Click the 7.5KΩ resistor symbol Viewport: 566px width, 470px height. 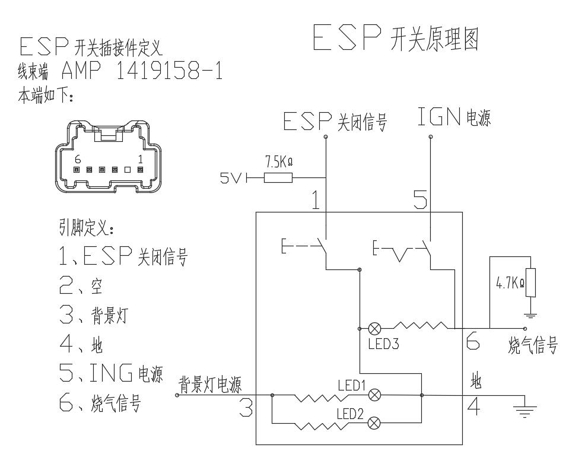tap(278, 177)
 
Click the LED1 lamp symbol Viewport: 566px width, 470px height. tap(374, 395)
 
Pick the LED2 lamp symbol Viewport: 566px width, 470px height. tap(374, 423)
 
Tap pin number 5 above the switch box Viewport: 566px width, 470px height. tap(419, 201)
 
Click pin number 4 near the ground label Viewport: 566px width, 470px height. tap(473, 407)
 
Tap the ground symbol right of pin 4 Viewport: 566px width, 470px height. tap(524, 410)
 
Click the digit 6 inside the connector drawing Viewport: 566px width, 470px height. tap(77, 160)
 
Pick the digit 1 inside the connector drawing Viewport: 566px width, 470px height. tap(140, 160)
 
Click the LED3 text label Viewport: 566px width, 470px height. tap(383, 344)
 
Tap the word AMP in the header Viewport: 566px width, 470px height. tap(81, 71)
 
